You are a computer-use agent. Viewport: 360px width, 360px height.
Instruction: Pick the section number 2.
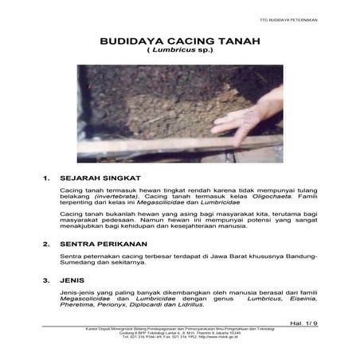coord(47,243)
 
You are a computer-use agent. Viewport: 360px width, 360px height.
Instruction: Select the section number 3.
coord(47,280)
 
